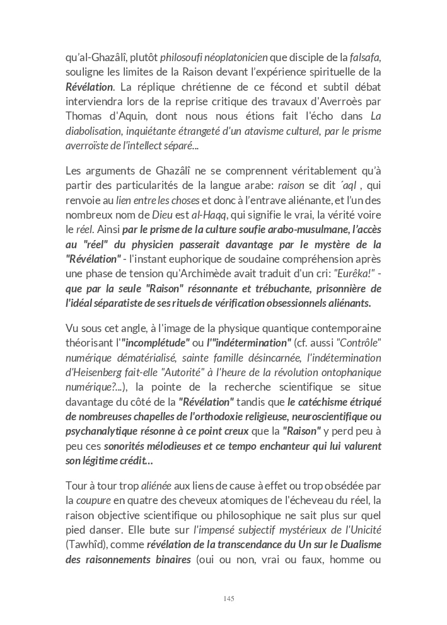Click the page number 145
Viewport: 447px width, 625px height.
click(x=228, y=599)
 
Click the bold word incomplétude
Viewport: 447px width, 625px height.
click(x=156, y=343)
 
